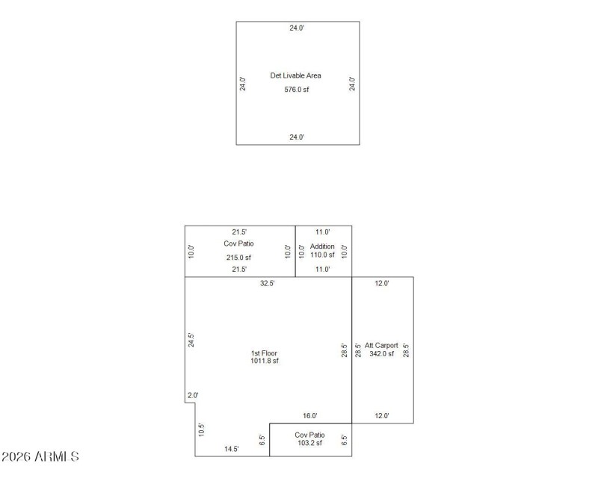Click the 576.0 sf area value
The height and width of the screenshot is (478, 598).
pyautogui.click(x=297, y=90)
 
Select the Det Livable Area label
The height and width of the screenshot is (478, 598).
pyautogui.click(x=297, y=75)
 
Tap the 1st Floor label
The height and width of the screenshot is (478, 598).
pyautogui.click(x=265, y=353)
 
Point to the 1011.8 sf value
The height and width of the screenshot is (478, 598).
pyautogui.click(x=265, y=361)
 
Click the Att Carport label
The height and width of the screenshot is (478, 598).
pyautogui.click(x=381, y=346)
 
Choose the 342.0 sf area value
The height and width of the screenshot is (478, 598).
pyautogui.click(x=381, y=353)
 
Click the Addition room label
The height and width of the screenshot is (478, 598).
pyautogui.click(x=323, y=246)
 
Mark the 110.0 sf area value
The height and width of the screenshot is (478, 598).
pyautogui.click(x=323, y=255)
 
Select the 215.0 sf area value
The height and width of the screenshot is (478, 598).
pyautogui.click(x=239, y=258)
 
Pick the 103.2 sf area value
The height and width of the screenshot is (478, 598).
pyautogui.click(x=309, y=444)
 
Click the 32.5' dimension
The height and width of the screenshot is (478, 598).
pyautogui.click(x=267, y=284)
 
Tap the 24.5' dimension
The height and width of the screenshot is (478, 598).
pyautogui.click(x=191, y=341)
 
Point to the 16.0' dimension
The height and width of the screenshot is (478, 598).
pyautogui.click(x=310, y=416)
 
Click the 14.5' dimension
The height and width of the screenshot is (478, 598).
pyautogui.click(x=232, y=449)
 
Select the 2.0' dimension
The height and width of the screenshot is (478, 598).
pyautogui.click(x=192, y=396)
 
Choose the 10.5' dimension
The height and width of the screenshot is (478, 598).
pyautogui.click(x=202, y=430)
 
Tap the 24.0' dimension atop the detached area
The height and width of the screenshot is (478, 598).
pyautogui.click(x=297, y=28)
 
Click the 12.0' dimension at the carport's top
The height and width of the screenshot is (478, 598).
pyautogui.click(x=381, y=284)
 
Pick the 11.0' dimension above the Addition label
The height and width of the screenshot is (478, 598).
pyautogui.click(x=323, y=232)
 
